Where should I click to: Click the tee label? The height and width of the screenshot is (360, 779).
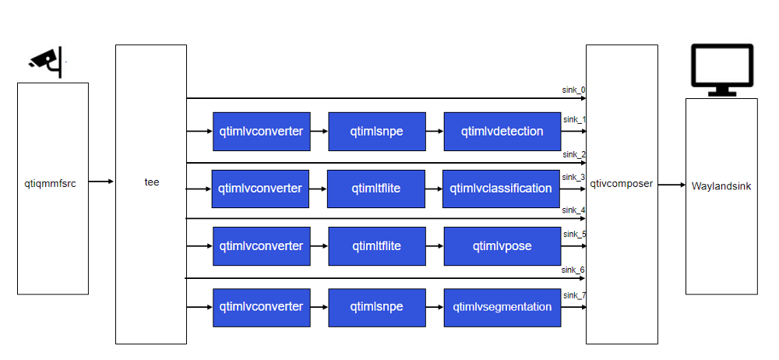152,182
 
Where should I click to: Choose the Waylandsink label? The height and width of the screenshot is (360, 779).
721,186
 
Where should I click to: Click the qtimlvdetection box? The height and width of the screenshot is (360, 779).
502,132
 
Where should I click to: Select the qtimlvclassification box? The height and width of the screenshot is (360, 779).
501,189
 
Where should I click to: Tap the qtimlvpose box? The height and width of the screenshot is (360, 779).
502,246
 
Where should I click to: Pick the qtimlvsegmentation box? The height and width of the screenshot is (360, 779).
502,307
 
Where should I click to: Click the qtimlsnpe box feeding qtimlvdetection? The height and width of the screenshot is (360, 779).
376,132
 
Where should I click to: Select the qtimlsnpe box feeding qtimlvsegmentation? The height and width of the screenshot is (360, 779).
376,307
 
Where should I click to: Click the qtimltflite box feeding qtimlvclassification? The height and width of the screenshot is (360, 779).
376,189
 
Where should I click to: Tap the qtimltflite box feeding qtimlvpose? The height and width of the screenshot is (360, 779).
376,246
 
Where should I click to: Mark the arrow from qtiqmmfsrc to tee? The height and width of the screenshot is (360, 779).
101,182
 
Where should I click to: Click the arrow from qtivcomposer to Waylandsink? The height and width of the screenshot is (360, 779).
671,185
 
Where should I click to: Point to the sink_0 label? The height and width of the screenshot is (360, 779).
574,90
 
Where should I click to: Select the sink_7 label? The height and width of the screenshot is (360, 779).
574,296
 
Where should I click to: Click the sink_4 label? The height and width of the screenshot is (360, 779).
574,210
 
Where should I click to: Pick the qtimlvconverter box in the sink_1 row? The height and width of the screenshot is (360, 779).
261,132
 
